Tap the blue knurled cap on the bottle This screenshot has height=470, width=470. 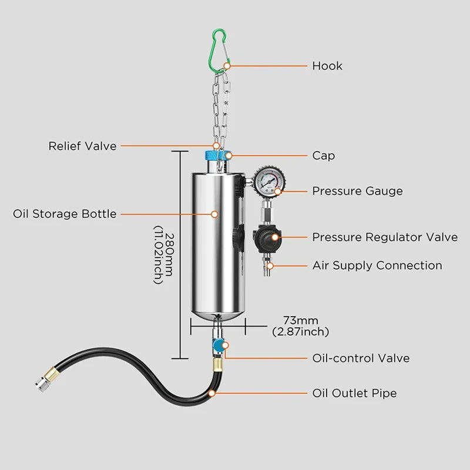[x=215, y=156]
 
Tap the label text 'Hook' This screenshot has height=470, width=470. [x=327, y=66]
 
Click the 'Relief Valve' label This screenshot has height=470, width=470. [x=82, y=146]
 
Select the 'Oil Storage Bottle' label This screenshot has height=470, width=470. [x=65, y=214]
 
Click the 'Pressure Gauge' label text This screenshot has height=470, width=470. [x=357, y=191]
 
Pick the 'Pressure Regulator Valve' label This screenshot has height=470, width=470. [x=384, y=237]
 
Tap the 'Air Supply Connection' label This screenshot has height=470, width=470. [x=377, y=266]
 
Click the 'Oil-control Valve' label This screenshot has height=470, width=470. [x=361, y=358]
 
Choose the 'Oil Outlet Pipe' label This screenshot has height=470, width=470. [x=354, y=392]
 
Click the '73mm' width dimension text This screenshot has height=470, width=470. [x=300, y=321]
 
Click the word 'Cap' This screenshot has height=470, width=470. [x=323, y=156]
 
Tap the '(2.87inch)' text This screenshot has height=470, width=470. [x=300, y=332]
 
